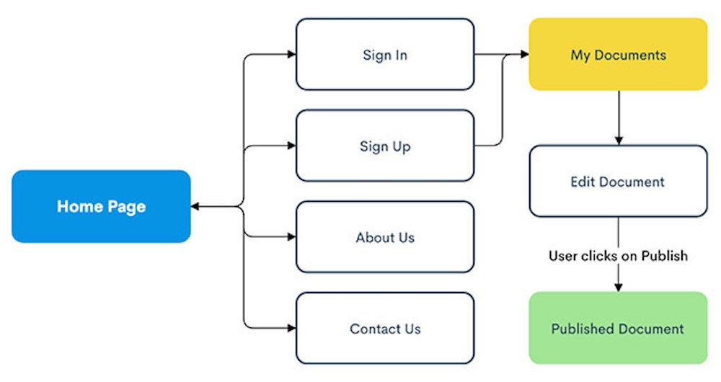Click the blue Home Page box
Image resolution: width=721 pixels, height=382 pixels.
point(101,206)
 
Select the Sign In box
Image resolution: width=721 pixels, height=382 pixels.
point(385,54)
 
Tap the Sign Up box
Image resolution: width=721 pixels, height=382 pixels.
point(385,146)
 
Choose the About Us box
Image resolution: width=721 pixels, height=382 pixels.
point(385,236)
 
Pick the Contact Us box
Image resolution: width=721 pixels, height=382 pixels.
point(385,328)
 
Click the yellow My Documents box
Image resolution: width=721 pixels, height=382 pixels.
point(618,54)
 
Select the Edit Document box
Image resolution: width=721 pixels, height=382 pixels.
point(618,181)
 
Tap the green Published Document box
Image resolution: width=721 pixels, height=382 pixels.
point(618,328)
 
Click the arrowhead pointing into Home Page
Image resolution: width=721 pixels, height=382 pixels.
point(195,206)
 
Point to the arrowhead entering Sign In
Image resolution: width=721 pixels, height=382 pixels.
point(291,54)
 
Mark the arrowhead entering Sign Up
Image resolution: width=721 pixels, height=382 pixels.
point(291,146)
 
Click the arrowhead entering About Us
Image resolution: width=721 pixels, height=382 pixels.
point(291,236)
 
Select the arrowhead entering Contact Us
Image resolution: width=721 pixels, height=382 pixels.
point(291,328)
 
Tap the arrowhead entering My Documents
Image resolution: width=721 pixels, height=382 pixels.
point(525,54)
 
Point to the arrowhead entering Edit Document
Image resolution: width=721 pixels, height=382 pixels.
point(619,141)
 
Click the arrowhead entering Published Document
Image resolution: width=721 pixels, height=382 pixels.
point(619,288)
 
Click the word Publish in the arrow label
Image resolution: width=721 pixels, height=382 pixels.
point(665,256)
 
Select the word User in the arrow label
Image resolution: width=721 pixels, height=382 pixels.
point(564,256)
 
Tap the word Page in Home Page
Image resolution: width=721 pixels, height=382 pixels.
point(126,207)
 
